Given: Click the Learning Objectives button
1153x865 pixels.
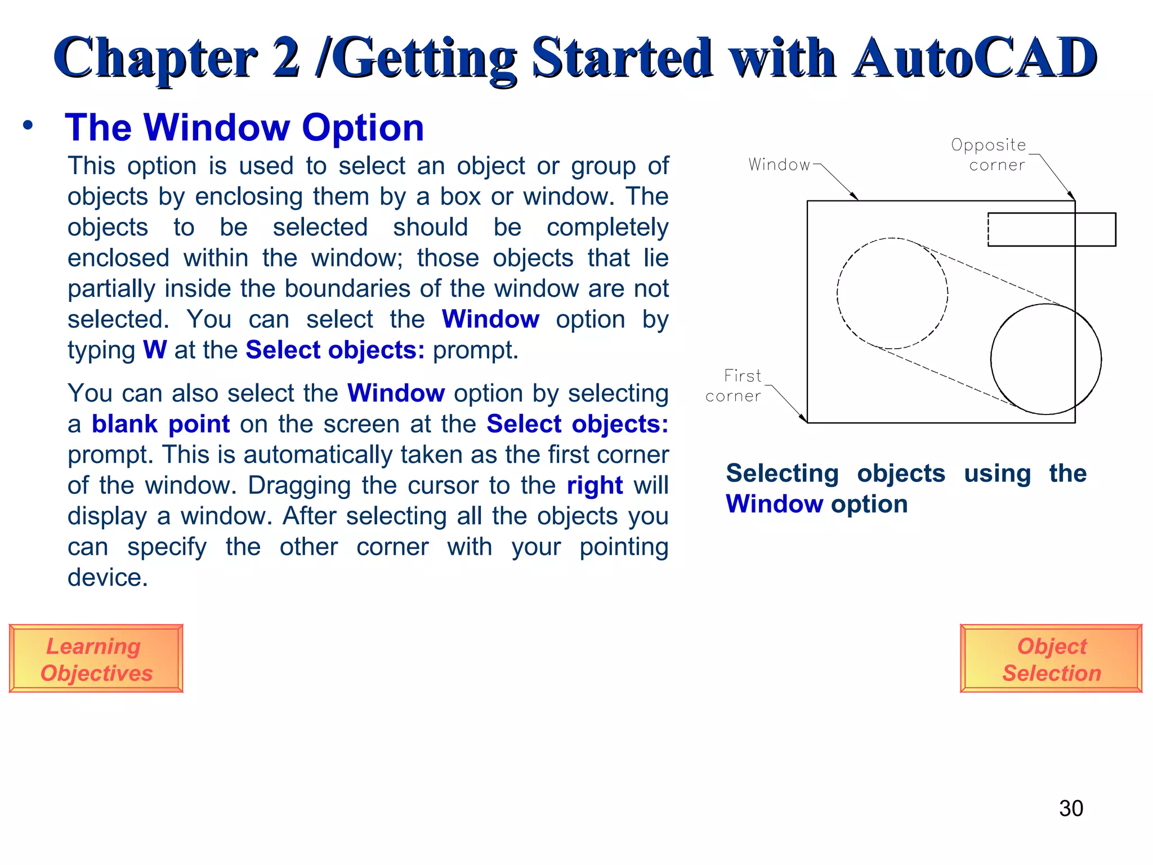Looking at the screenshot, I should (96, 658).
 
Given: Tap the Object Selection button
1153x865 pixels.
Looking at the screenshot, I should (1051, 658).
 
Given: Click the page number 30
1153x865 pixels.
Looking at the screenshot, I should (1071, 808).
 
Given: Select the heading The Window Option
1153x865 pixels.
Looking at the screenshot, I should (244, 127).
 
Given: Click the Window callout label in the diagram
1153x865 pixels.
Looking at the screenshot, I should (779, 165).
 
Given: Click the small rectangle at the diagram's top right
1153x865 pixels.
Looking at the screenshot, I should (1052, 229).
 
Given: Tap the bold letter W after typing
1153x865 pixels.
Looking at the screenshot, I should (155, 350).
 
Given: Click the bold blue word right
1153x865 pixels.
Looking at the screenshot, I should (595, 485).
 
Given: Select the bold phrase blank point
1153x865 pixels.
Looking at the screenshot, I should (160, 424).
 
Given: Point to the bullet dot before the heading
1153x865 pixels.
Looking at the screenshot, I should (28, 126).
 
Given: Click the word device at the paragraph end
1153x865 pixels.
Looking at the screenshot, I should (107, 578).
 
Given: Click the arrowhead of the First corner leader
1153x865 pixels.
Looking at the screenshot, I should (805, 419).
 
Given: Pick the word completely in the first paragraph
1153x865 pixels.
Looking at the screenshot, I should (607, 228).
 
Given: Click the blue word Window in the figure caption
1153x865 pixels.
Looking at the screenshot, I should (775, 504).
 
